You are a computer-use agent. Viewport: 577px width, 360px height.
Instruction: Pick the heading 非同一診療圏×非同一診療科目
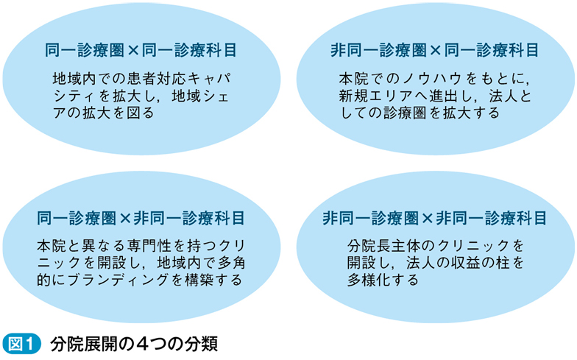tap(435, 218)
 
